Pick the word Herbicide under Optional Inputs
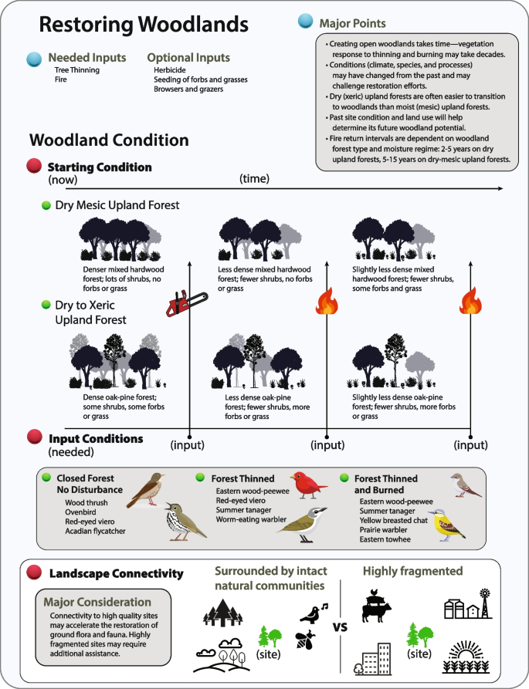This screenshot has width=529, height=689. point(164,69)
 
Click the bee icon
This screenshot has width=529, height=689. point(308,637)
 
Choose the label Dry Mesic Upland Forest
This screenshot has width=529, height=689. point(117,206)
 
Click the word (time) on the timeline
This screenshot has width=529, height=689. point(255,179)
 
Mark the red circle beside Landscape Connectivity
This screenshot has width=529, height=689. point(34,573)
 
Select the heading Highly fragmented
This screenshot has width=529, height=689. point(412,571)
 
